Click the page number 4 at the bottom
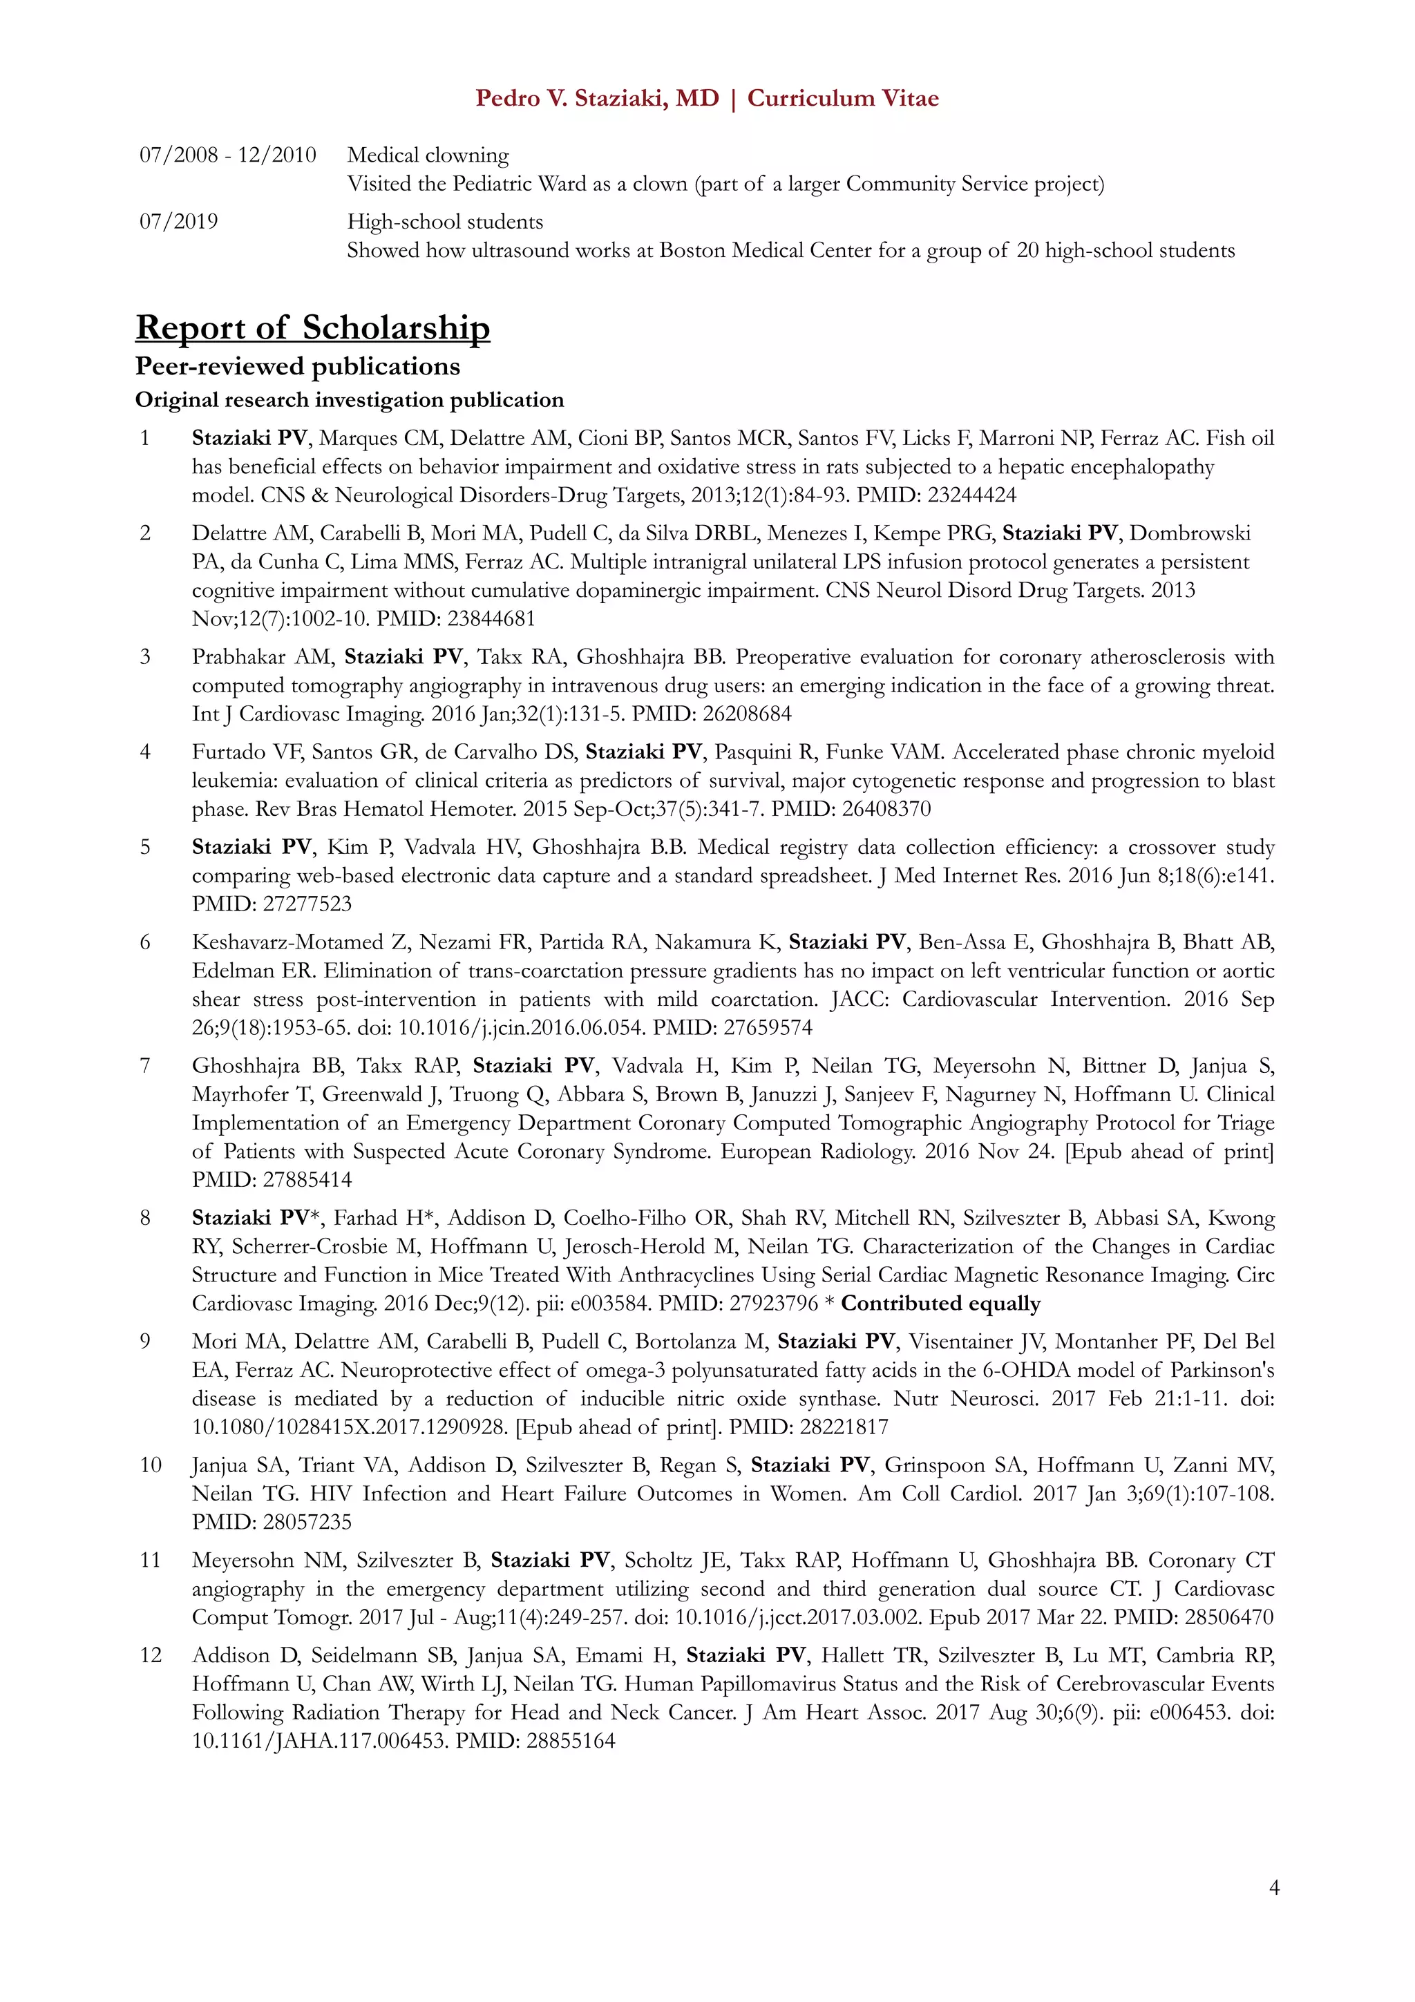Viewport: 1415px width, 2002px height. [x=1274, y=1888]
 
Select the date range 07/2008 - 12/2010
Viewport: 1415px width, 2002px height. [x=227, y=155]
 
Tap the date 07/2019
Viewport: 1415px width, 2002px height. [x=179, y=222]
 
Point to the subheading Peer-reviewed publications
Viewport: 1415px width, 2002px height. [x=297, y=366]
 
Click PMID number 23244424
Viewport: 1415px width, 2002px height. [x=972, y=495]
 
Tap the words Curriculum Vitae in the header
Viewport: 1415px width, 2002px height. [x=842, y=99]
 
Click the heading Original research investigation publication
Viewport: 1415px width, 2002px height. [x=349, y=400]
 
